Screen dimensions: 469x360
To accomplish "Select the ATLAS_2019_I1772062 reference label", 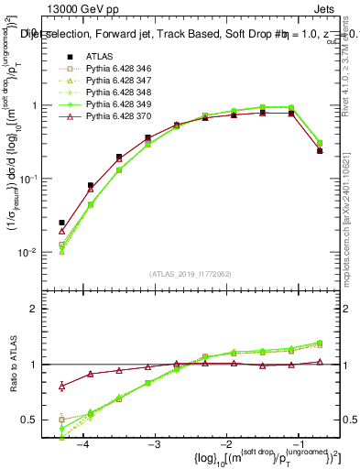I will pyautogui.click(x=191, y=274).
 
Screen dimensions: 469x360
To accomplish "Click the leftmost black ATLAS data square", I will pyautogui.click(x=61, y=223).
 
